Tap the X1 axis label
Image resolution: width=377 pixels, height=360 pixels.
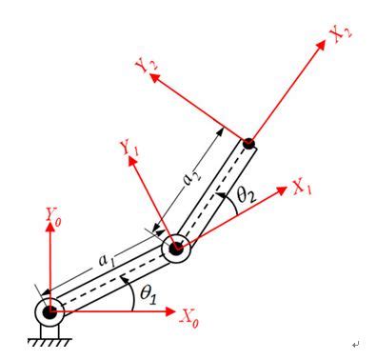point(302,189)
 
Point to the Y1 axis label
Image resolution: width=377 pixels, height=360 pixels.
point(128,150)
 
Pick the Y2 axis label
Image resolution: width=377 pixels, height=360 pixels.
point(148,69)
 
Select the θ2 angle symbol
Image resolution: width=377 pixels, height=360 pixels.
point(245,198)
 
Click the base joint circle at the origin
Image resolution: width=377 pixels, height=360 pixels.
point(50,311)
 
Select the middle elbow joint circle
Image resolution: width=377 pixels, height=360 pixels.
point(176,250)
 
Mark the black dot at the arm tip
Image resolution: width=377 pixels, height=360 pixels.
point(249,145)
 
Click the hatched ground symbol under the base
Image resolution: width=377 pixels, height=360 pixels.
point(50,335)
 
